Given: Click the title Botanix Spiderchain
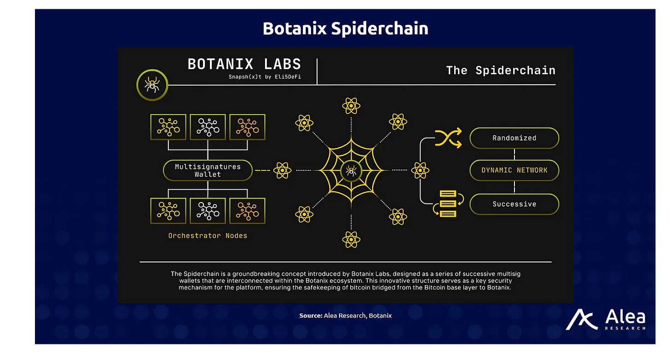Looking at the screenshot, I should click(345, 29).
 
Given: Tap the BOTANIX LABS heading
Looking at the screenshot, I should click(244, 64).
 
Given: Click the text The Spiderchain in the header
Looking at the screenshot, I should click(501, 70).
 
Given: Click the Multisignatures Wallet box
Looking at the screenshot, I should click(208, 170).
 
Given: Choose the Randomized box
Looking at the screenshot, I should click(514, 138).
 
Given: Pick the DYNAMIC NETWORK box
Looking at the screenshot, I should click(514, 170).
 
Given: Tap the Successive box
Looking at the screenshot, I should click(514, 204).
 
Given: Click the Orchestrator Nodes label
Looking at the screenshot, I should click(208, 236).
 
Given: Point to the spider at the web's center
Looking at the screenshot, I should click(351, 172).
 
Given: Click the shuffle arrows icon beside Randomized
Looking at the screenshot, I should click(448, 138).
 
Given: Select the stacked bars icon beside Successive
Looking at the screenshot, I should click(448, 203).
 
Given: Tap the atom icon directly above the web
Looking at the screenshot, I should click(351, 106).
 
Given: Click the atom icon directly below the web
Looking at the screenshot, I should click(351, 239).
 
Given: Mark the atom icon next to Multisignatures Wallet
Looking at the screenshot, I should click(282, 171).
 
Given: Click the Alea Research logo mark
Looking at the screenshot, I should click(582, 319).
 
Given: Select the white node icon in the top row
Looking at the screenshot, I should click(208, 126).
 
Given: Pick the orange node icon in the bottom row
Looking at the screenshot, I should click(247, 210).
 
